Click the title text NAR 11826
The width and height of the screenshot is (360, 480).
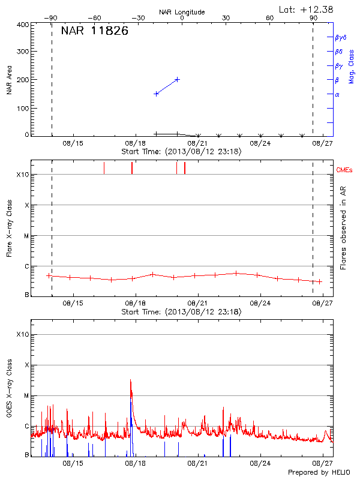pyautogui.click(x=94, y=31)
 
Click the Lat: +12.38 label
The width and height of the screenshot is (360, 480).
pyautogui.click(x=307, y=9)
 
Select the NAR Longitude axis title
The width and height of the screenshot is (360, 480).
pyautogui.click(x=182, y=12)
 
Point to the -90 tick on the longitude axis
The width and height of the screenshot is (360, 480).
pyautogui.click(x=52, y=18)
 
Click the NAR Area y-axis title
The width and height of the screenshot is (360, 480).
pyautogui.click(x=10, y=80)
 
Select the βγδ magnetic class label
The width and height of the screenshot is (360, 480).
pyautogui.click(x=340, y=37)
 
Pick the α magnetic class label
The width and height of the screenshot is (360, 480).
pyautogui.click(x=337, y=94)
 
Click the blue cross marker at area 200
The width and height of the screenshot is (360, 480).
pyautogui.click(x=177, y=79)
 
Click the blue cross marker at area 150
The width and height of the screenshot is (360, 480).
pyautogui.click(x=156, y=94)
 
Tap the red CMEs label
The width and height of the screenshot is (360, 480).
pyautogui.click(x=344, y=170)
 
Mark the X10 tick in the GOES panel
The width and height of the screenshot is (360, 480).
pyautogui.click(x=22, y=334)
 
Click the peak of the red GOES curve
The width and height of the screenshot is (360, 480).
pyautogui.click(x=130, y=380)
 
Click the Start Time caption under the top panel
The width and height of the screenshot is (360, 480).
pyautogui.click(x=181, y=152)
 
